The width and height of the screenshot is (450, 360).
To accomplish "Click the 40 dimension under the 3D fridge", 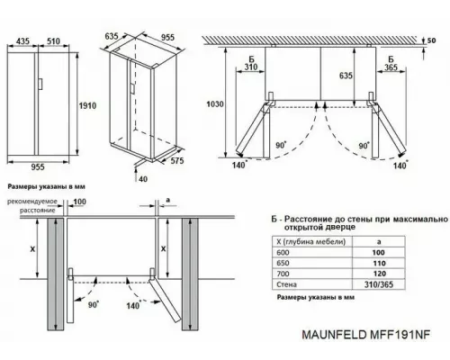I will [x=144, y=177].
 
